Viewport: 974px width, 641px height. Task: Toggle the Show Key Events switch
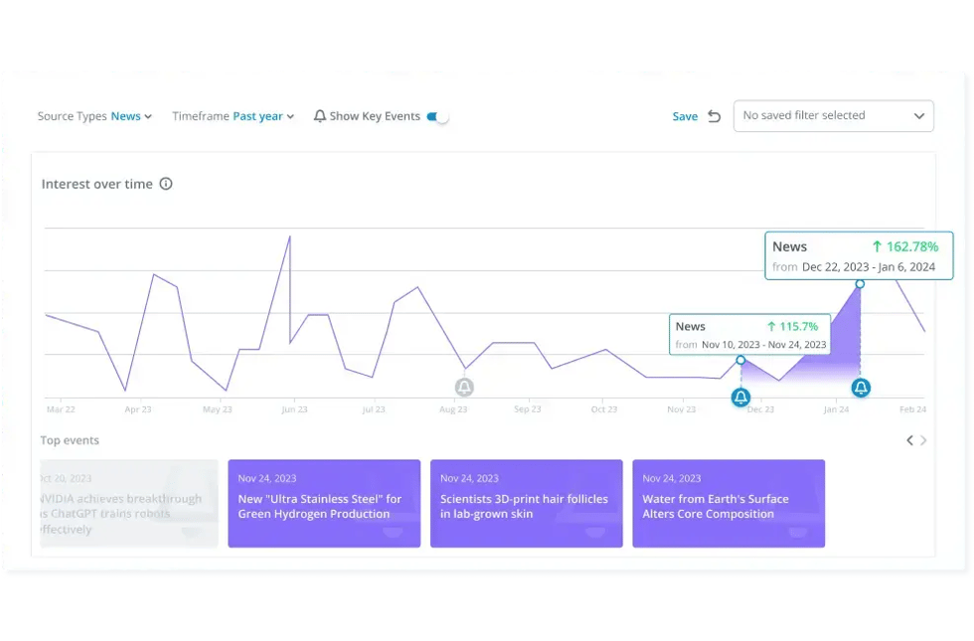(x=438, y=116)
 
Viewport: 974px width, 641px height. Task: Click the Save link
(x=685, y=116)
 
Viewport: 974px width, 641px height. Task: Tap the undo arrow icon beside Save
(x=714, y=116)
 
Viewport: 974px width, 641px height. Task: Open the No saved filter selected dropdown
(x=833, y=115)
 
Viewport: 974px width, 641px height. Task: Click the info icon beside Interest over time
(x=166, y=184)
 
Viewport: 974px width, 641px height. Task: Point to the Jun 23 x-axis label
(x=294, y=409)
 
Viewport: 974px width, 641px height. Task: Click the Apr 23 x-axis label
(x=138, y=409)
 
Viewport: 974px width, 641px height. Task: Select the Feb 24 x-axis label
(x=912, y=409)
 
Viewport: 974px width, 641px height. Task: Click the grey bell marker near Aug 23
(x=464, y=388)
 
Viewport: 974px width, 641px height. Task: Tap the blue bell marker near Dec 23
(x=740, y=398)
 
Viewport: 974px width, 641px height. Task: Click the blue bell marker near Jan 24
(x=861, y=388)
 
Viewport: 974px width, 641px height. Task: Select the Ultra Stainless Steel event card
(x=324, y=503)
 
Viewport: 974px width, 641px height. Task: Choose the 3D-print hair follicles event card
(x=526, y=503)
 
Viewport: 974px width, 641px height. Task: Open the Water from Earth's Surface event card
(x=729, y=503)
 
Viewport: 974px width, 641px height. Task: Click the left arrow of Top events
(x=909, y=440)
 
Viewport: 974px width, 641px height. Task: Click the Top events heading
(x=70, y=440)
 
